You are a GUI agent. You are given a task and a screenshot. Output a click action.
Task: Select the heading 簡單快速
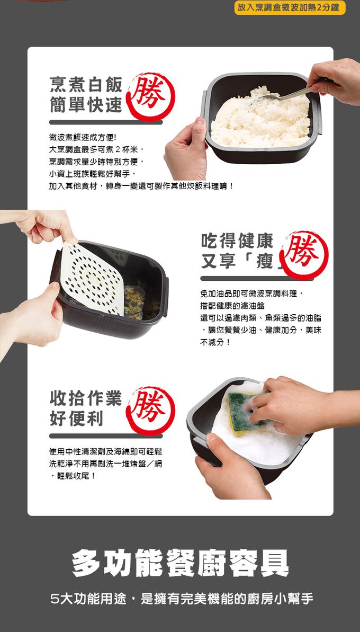pos(86,105)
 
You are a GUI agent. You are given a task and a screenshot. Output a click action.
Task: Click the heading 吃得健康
pos(237,241)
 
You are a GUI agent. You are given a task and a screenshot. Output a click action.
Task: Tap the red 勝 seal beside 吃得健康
pos(306,255)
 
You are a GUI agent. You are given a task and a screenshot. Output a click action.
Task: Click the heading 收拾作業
pos(86,398)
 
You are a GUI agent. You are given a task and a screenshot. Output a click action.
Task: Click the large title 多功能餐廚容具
pos(180,563)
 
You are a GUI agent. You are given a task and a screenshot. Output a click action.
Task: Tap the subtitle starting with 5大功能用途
pos(180,599)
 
